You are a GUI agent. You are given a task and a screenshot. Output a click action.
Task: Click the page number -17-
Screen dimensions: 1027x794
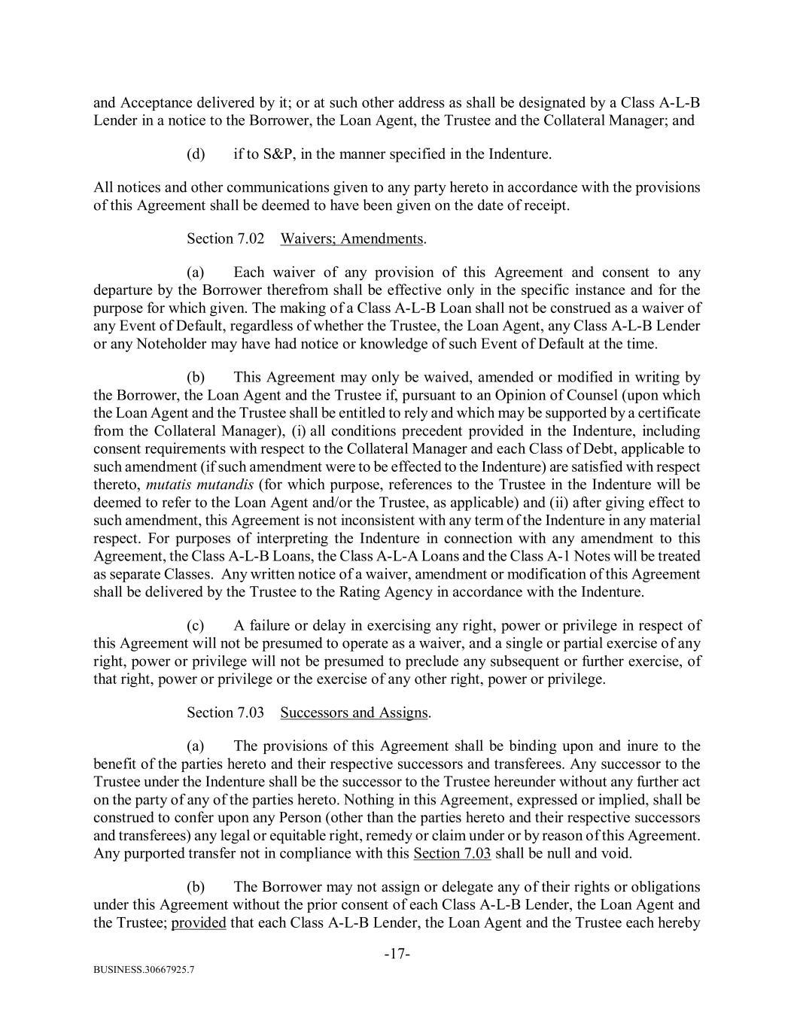tap(397, 954)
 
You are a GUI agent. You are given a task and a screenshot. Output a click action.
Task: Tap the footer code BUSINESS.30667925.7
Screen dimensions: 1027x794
tap(144, 970)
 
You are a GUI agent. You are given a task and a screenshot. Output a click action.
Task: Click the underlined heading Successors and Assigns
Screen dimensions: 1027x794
tap(354, 713)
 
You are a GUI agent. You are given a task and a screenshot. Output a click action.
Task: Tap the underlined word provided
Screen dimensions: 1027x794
tap(199, 922)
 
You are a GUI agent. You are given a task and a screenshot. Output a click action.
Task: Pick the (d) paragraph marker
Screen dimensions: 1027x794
tap(196, 154)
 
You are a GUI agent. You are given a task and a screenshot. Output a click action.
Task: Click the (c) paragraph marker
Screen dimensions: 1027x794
tap(196, 625)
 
